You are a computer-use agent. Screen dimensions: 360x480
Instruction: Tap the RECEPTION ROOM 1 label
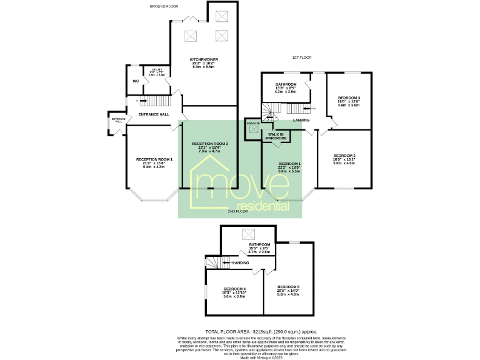pyautogui.click(x=154, y=159)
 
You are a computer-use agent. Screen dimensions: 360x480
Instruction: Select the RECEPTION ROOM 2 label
pyautogui.click(x=209, y=144)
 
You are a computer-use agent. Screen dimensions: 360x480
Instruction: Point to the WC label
pyautogui.click(x=135, y=81)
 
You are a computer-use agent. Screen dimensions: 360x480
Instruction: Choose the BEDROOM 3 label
pyautogui.click(x=349, y=98)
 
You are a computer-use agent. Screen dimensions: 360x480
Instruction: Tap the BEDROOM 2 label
pyautogui.click(x=344, y=155)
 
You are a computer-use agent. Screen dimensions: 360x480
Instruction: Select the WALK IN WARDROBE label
pyautogui.click(x=276, y=136)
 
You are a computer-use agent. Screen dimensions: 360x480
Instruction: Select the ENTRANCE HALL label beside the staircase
pyautogui.click(x=154, y=114)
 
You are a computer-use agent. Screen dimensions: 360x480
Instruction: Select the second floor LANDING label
pyautogui.click(x=241, y=262)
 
